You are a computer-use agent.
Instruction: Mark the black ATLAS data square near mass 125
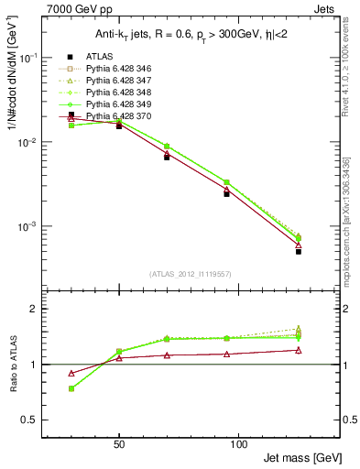(299, 251)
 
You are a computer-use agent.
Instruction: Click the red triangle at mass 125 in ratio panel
(299, 350)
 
